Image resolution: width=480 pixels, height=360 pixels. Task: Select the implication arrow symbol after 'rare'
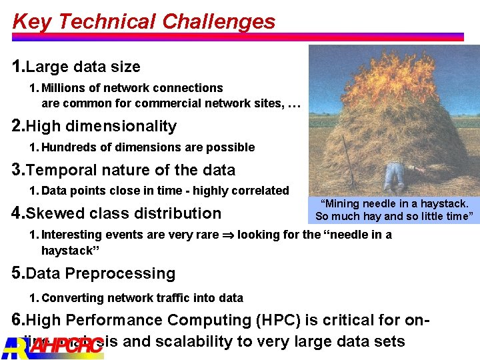pos(227,235)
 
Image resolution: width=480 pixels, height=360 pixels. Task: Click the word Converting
pos(69,298)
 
